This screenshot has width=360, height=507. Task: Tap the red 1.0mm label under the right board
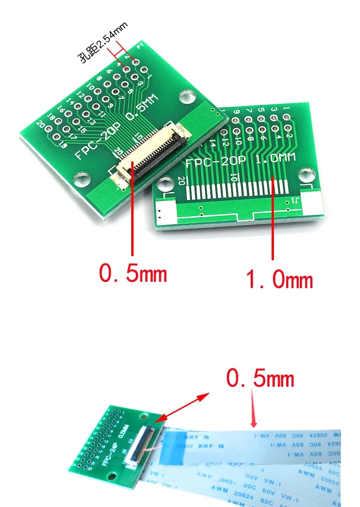[279, 279]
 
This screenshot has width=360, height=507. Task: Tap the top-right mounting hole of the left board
[185, 96]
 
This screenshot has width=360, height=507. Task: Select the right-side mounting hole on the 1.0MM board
[308, 175]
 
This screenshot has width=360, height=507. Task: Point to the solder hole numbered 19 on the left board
[57, 136]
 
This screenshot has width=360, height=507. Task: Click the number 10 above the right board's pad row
[234, 177]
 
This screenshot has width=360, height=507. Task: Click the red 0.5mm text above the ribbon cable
[260, 378]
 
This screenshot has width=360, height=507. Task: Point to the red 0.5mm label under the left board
[133, 274]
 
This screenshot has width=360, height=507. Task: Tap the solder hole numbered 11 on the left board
[96, 107]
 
